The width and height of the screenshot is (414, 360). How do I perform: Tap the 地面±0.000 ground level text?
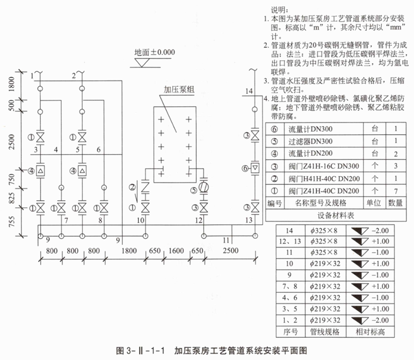pos(154,51)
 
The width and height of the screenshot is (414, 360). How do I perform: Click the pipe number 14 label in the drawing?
pos(249,91)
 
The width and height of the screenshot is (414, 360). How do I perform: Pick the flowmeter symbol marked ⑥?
pos(255,168)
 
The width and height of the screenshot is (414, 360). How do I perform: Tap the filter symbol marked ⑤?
pos(203,188)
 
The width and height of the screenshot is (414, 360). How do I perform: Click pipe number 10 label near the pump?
pos(140,219)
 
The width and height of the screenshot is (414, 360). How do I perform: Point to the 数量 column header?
pos(395,203)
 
